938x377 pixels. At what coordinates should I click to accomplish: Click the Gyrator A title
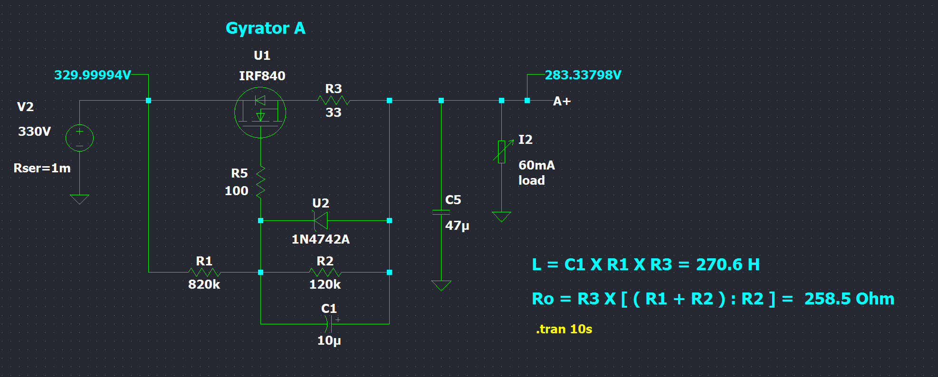[265, 28]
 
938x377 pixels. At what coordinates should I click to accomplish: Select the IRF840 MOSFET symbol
[260, 113]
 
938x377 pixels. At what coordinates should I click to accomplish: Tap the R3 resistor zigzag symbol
[334, 100]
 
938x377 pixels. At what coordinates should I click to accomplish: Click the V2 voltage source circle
[79, 138]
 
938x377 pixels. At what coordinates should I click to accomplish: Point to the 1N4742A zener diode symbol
[321, 221]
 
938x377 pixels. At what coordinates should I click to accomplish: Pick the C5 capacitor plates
[441, 212]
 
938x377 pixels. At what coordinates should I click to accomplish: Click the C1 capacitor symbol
[329, 324]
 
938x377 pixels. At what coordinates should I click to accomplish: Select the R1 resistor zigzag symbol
[204, 272]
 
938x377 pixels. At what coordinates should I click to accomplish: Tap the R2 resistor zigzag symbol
[325, 272]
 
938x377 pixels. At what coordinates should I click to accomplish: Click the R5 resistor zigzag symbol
[260, 182]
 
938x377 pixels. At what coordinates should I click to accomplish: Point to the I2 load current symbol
[502, 151]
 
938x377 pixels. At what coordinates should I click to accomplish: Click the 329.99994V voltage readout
[93, 75]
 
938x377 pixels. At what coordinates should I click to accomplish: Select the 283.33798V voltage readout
[583, 75]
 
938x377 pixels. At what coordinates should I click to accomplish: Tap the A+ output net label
[562, 101]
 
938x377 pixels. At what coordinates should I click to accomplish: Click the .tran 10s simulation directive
[564, 329]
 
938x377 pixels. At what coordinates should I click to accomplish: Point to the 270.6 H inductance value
[727, 264]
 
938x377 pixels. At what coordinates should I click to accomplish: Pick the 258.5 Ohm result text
[849, 299]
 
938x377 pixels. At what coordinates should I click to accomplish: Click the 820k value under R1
[204, 284]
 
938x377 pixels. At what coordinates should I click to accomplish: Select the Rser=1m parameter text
[42, 168]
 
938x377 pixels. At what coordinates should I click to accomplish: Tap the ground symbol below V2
[79, 199]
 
